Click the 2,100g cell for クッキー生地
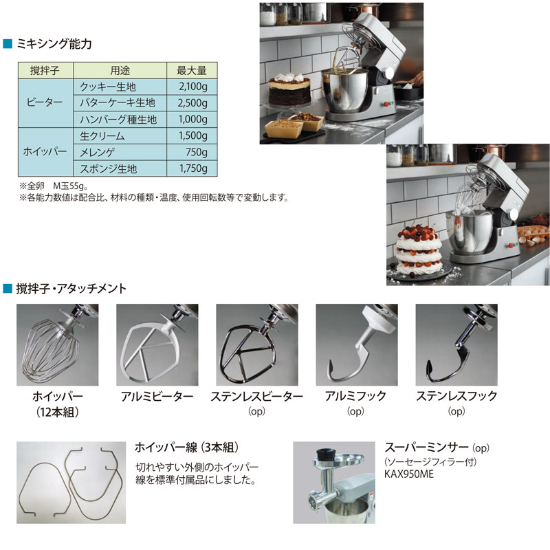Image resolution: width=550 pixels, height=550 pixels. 192,87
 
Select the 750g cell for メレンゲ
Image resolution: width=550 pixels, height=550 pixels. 192,153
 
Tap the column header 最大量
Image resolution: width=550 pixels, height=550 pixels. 192,70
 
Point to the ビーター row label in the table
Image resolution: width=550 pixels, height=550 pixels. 45,103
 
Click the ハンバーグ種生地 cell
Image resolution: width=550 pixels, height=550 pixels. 118,120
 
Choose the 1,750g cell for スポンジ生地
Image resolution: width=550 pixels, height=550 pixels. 192,169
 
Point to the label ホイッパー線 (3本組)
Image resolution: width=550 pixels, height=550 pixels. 187,447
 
